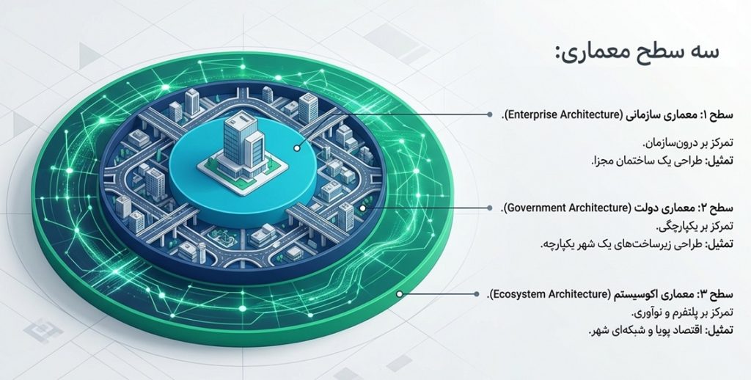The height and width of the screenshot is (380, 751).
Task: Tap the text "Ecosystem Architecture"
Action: pyautogui.click(x=552, y=293)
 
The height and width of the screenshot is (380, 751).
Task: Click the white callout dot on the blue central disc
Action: pyautogui.click(x=297, y=148)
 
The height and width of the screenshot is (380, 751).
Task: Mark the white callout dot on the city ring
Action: pyautogui.click(x=362, y=208)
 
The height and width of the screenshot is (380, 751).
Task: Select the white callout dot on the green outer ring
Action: pyautogui.click(x=400, y=293)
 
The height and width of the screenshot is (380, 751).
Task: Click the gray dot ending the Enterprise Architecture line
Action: pyautogui.click(x=489, y=114)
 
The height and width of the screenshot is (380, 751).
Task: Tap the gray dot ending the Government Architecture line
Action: pyautogui.click(x=489, y=208)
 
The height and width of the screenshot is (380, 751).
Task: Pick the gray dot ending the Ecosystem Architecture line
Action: pyautogui.click(x=477, y=293)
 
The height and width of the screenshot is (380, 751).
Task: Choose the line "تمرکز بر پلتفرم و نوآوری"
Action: pyautogui.click(x=682, y=313)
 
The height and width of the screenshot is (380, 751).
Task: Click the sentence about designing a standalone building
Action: pyautogui.click(x=662, y=161)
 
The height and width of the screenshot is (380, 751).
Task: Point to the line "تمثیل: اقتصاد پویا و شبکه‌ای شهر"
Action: pyautogui.click(x=661, y=331)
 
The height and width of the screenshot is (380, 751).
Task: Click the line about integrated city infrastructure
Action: pyautogui.click(x=637, y=244)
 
